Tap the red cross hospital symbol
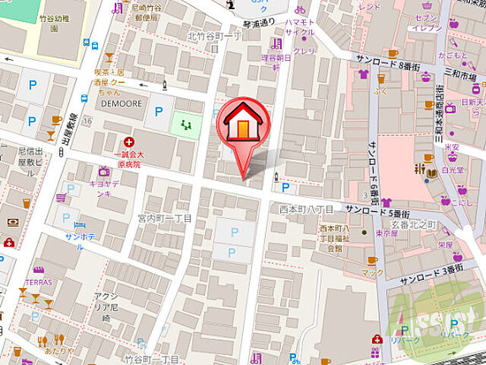click(129, 141)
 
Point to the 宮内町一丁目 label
click(165, 218)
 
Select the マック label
click(372, 272)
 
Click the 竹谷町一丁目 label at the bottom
click(153, 358)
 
